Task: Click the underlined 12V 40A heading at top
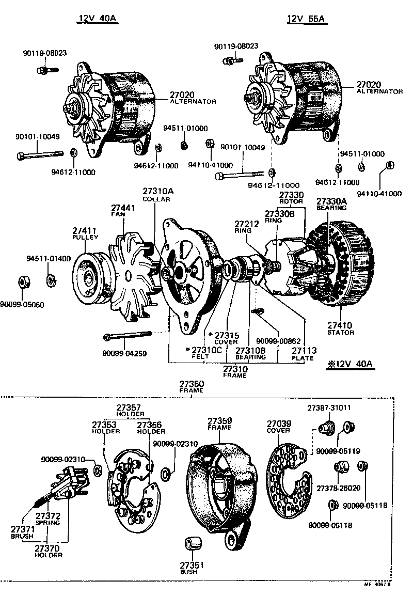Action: pyautogui.click(x=99, y=19)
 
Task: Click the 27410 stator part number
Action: pyautogui.click(x=340, y=325)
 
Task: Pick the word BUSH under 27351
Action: pyautogui.click(x=192, y=572)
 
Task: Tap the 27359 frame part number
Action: pyautogui.click(x=220, y=420)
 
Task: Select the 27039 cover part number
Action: pyautogui.click(x=279, y=424)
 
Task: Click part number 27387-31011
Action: pyautogui.click(x=329, y=407)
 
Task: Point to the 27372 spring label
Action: pyautogui.click(x=47, y=515)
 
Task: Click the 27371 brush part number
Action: pyautogui.click(x=22, y=529)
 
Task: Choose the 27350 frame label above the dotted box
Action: pyautogui.click(x=192, y=384)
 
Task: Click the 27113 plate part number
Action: pyautogui.click(x=302, y=351)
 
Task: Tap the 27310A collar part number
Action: pyautogui.click(x=158, y=192)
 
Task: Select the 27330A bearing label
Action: pyautogui.click(x=331, y=201)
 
